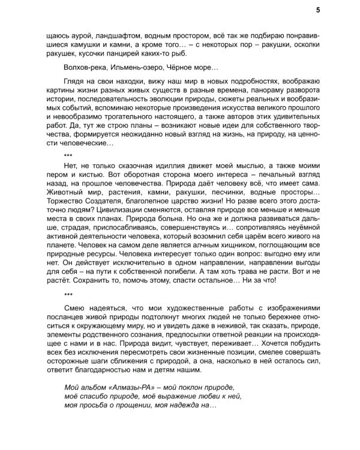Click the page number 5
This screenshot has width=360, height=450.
[x=317, y=10]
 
